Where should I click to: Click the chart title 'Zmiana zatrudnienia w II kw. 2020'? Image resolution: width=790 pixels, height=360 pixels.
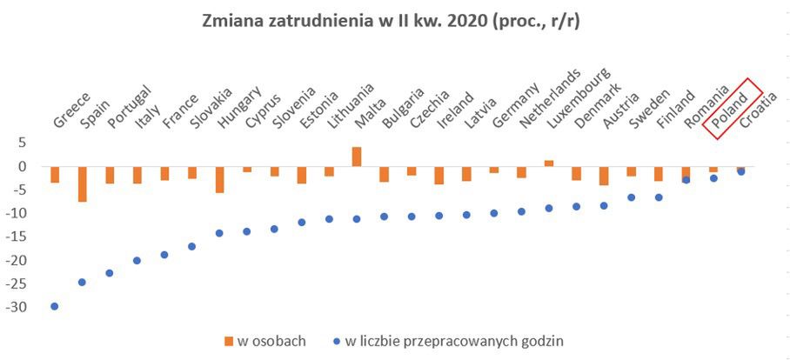[x=394, y=22]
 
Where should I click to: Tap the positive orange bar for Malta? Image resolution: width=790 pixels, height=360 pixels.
[x=356, y=157]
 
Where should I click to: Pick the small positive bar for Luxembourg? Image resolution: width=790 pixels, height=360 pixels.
[x=548, y=163]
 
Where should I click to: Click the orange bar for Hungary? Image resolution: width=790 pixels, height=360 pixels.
[x=219, y=179]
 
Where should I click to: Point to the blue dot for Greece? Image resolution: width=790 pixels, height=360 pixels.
[x=55, y=306]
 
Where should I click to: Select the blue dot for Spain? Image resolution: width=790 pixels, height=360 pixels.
[x=82, y=282]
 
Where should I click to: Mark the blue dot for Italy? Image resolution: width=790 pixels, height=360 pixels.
[x=137, y=260]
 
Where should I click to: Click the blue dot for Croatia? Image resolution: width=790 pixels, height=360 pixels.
[x=740, y=171]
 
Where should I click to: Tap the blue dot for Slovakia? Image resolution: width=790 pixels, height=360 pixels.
[x=191, y=246]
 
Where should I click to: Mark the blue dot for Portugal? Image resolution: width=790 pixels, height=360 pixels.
[x=110, y=273]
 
